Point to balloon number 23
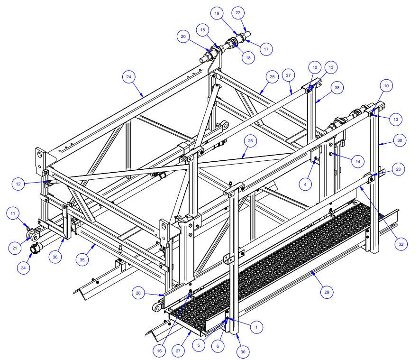point(399,170)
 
